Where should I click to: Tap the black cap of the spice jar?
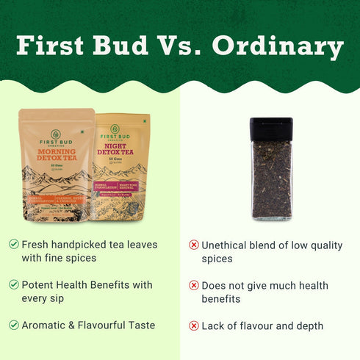pyautogui.click(x=271, y=129)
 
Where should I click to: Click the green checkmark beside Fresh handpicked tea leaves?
pyautogui.click(x=14, y=244)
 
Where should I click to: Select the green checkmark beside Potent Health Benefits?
pyautogui.click(x=14, y=284)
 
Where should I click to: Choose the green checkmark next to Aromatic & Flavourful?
pyautogui.click(x=14, y=325)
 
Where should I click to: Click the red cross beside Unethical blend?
pyautogui.click(x=194, y=245)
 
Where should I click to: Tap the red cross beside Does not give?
pyautogui.click(x=194, y=285)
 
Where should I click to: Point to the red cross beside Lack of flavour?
pyautogui.click(x=194, y=325)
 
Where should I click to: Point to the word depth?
pyautogui.click(x=307, y=325)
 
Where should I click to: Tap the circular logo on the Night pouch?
pyautogui.click(x=122, y=126)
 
